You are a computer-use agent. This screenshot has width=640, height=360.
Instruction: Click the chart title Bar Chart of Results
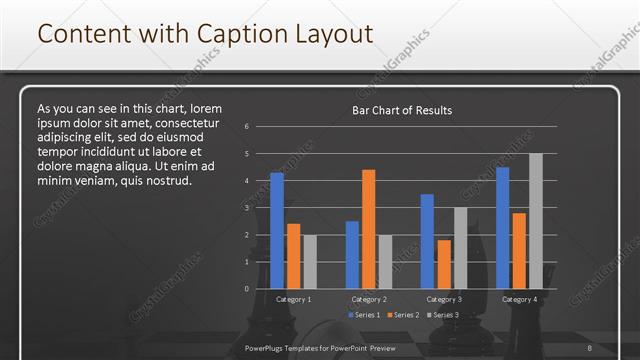tap(402, 110)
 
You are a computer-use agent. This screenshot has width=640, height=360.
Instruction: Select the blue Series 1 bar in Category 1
tap(277, 230)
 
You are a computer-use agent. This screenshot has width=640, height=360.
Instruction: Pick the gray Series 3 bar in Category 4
tap(535, 221)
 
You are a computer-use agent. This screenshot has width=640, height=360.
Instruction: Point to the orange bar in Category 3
tap(443, 264)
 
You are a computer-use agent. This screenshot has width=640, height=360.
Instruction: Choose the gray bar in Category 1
tap(310, 261)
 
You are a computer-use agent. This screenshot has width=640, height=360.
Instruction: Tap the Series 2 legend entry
tap(402, 315)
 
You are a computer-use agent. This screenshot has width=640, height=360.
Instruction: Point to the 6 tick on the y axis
tap(246, 127)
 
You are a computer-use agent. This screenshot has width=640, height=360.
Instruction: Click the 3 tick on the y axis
tap(246, 208)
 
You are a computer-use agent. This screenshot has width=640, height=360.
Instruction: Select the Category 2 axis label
tap(368, 299)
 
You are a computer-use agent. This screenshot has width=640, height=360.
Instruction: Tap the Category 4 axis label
tap(518, 299)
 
